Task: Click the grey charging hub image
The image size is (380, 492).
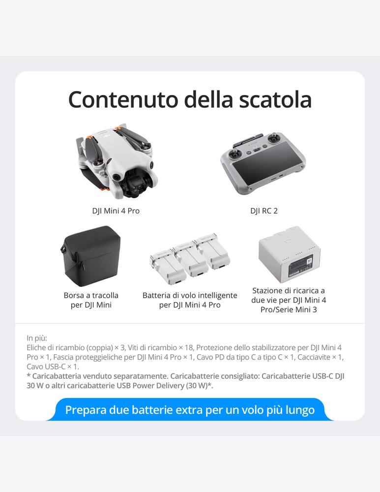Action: tap(289, 255)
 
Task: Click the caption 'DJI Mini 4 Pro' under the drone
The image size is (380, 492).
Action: tap(116, 211)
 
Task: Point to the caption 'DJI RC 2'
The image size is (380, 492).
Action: tap(263, 211)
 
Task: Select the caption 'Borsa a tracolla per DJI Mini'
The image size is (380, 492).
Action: tap(91, 300)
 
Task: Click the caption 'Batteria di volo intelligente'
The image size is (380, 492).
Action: tap(190, 295)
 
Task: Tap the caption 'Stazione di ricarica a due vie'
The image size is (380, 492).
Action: tap(289, 295)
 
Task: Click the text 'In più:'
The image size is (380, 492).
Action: tap(37, 338)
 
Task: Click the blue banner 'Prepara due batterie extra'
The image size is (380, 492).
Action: tap(190, 409)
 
